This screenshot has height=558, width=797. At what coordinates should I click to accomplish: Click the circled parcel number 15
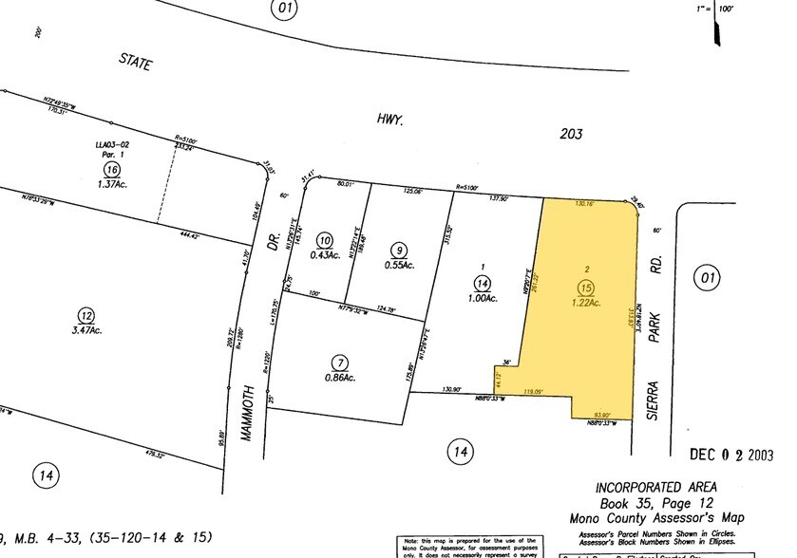coord(586,287)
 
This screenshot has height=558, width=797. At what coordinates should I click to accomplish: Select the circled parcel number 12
coord(86,315)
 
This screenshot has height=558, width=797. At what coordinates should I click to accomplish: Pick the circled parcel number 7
coord(340,363)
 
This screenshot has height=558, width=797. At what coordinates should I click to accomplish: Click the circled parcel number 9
coord(400,249)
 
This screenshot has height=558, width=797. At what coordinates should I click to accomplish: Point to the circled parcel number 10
coord(326,240)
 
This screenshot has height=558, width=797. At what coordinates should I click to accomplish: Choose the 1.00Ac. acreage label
coord(483,298)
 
